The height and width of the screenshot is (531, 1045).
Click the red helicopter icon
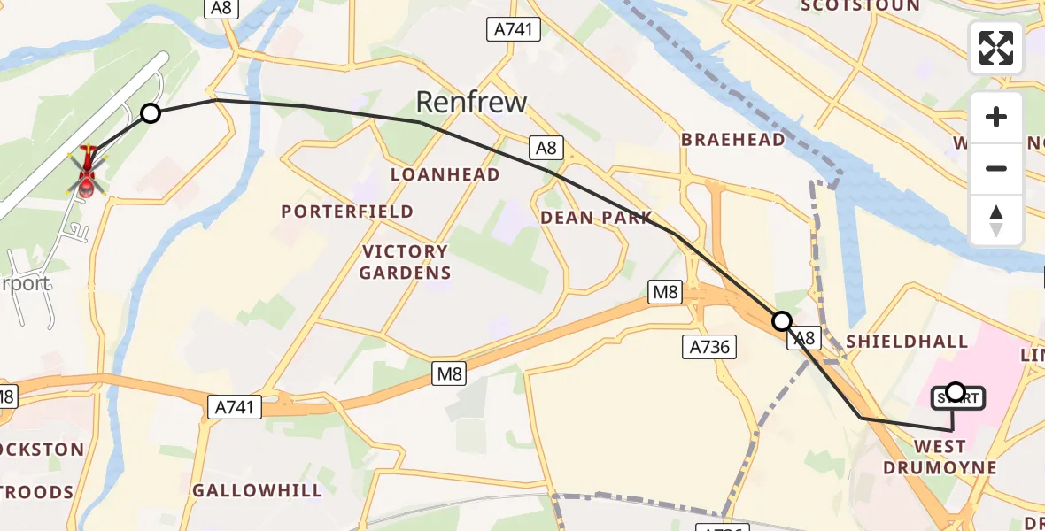coord(87,172)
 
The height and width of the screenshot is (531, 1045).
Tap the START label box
coord(956,399)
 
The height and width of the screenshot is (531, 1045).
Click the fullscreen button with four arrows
coord(996,48)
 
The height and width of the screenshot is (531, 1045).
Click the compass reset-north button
coord(996,220)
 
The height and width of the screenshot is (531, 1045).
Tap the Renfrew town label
coord(471,102)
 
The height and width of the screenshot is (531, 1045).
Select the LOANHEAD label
coord(445,175)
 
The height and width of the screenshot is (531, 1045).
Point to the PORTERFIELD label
coord(347,212)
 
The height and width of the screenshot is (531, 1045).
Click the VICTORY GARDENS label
coord(405,262)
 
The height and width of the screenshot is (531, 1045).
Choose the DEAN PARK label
coord(596,218)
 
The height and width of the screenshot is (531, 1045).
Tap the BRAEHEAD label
coord(732,140)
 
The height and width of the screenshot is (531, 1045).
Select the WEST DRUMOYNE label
coord(940,457)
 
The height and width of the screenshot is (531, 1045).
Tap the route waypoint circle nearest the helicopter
coord(151,113)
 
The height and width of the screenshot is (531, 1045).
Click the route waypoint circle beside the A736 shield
coord(781,320)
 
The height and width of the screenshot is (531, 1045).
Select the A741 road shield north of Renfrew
coord(513,30)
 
